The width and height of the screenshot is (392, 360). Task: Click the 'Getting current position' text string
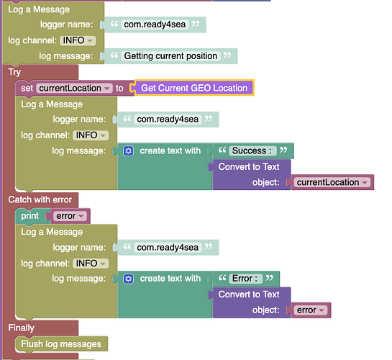click(170, 56)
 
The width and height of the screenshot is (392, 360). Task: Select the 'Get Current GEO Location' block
click(194, 88)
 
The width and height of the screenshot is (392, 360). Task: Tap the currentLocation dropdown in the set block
click(74, 88)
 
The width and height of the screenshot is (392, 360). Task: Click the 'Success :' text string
click(252, 150)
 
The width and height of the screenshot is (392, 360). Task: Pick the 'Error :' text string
click(245, 278)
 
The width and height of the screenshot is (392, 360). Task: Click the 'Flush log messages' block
click(61, 344)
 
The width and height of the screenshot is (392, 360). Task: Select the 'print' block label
click(29, 216)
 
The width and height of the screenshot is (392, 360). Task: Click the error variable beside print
click(70, 216)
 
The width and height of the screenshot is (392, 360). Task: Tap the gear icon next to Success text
click(129, 151)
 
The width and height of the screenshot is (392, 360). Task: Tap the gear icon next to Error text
click(129, 279)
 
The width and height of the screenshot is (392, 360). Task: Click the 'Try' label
click(14, 72)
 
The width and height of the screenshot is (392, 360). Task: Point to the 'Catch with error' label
click(40, 199)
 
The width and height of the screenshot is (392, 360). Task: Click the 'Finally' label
click(21, 328)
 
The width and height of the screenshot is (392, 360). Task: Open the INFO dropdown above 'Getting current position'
click(78, 40)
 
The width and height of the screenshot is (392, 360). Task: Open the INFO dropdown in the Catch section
click(91, 264)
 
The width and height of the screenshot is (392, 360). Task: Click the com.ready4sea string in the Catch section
click(168, 248)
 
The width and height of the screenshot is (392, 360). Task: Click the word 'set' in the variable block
click(27, 88)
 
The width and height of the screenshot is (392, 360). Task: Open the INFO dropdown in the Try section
click(91, 135)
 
